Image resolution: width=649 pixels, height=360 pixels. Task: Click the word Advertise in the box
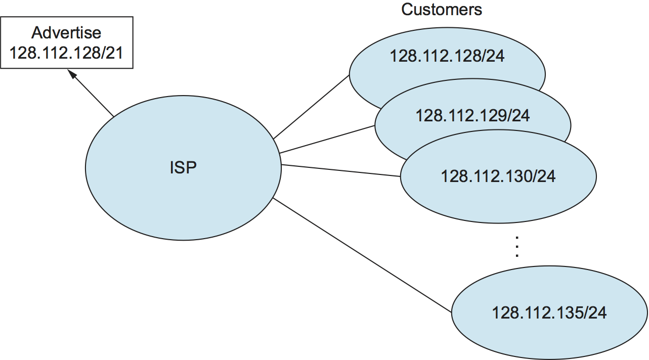tap(66, 33)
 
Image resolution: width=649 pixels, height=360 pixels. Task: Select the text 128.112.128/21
tap(66, 53)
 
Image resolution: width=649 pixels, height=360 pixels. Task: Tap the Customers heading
tap(441, 9)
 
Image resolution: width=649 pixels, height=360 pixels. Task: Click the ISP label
tap(183, 168)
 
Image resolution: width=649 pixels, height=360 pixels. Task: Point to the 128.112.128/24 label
tap(447, 56)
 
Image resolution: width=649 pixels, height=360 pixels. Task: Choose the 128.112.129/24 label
tap(472, 116)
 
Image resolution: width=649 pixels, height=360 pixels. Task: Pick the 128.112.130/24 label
tap(498, 176)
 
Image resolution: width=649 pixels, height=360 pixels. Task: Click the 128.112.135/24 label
tap(549, 313)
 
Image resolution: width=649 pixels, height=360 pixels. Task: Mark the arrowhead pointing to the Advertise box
tap(72, 74)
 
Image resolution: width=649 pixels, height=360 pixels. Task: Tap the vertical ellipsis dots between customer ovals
tap(516, 247)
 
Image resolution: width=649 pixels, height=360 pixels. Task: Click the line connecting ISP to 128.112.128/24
tap(311, 107)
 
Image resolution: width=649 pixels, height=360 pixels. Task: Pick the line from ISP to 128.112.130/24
tap(340, 170)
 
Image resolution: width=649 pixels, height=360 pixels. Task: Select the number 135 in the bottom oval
tap(570, 313)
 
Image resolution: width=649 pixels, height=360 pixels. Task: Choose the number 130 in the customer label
tap(518, 176)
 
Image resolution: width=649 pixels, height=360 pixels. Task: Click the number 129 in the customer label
tap(493, 116)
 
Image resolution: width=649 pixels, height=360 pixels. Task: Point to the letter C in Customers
tap(406, 9)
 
